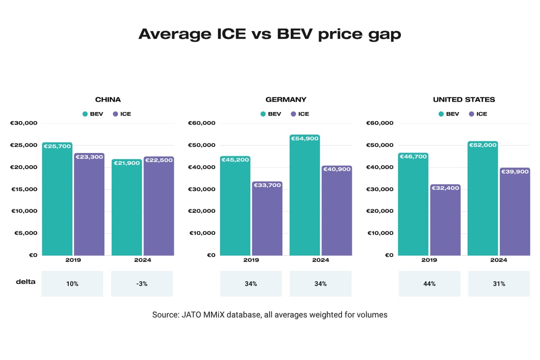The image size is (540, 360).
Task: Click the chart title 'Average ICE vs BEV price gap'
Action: (270, 34)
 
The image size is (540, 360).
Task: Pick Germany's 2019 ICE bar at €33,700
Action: (267, 218)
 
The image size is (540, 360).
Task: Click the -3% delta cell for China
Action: (142, 283)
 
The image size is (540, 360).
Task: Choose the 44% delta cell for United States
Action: (429, 283)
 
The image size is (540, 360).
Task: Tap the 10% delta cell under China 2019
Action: (72, 283)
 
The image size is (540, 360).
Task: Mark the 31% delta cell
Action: (499, 283)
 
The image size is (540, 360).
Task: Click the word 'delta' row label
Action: (25, 282)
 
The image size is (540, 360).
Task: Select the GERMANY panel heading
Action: (286, 99)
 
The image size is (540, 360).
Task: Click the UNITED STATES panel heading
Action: (463, 99)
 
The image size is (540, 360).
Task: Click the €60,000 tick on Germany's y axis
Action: (202, 123)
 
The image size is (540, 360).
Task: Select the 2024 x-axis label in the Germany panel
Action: (320, 260)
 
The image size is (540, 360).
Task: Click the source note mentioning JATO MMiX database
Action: (270, 315)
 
